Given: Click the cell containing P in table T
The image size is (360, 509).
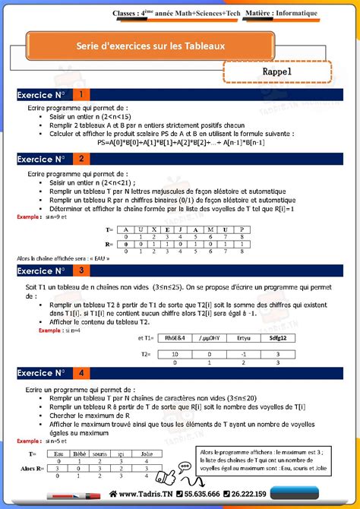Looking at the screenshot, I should (241, 229).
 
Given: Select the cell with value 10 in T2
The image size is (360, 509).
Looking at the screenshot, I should (176, 354).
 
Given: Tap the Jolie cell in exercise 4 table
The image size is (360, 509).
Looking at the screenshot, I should (147, 454).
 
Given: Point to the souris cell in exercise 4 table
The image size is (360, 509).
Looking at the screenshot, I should (99, 454).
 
